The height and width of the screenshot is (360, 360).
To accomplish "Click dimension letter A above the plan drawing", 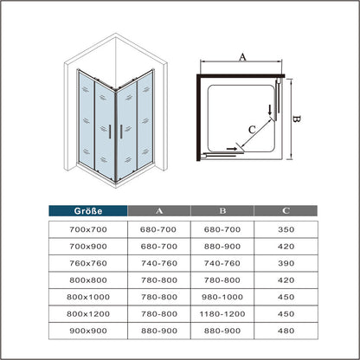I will (243, 57).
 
